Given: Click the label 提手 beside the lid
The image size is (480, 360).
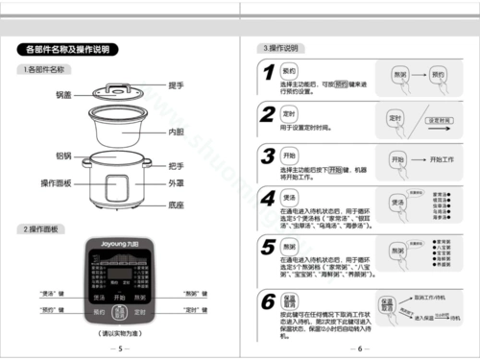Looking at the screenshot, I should pyautogui.click(x=176, y=85).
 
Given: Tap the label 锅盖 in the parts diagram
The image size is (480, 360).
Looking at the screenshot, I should pyautogui.click(x=64, y=94).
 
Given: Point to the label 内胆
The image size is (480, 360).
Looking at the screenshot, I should pyautogui.click(x=176, y=131).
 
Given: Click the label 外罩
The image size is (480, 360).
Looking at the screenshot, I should pyautogui.click(x=176, y=181).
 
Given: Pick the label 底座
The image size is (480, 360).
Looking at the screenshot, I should pyautogui.click(x=176, y=204).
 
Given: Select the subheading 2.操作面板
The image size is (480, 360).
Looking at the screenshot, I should pyautogui.click(x=44, y=228).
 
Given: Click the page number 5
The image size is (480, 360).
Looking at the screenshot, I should pyautogui.click(x=120, y=348).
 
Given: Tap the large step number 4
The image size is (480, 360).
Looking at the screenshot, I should pyautogui.click(x=268, y=199).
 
